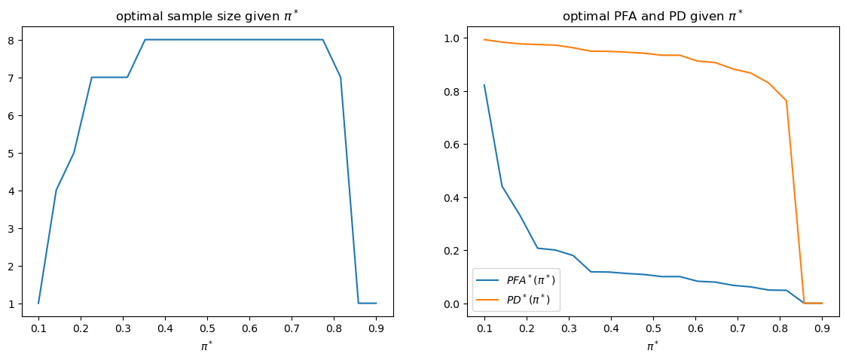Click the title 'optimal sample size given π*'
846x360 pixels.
(x=207, y=16)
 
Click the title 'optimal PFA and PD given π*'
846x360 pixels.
(x=652, y=16)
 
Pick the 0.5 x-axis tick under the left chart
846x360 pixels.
(x=207, y=328)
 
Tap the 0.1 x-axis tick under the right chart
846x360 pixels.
(x=484, y=328)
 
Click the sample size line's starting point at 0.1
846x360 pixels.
(x=38, y=303)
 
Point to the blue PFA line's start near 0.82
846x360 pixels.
(x=484, y=85)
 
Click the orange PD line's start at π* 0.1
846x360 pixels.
(x=484, y=39)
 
